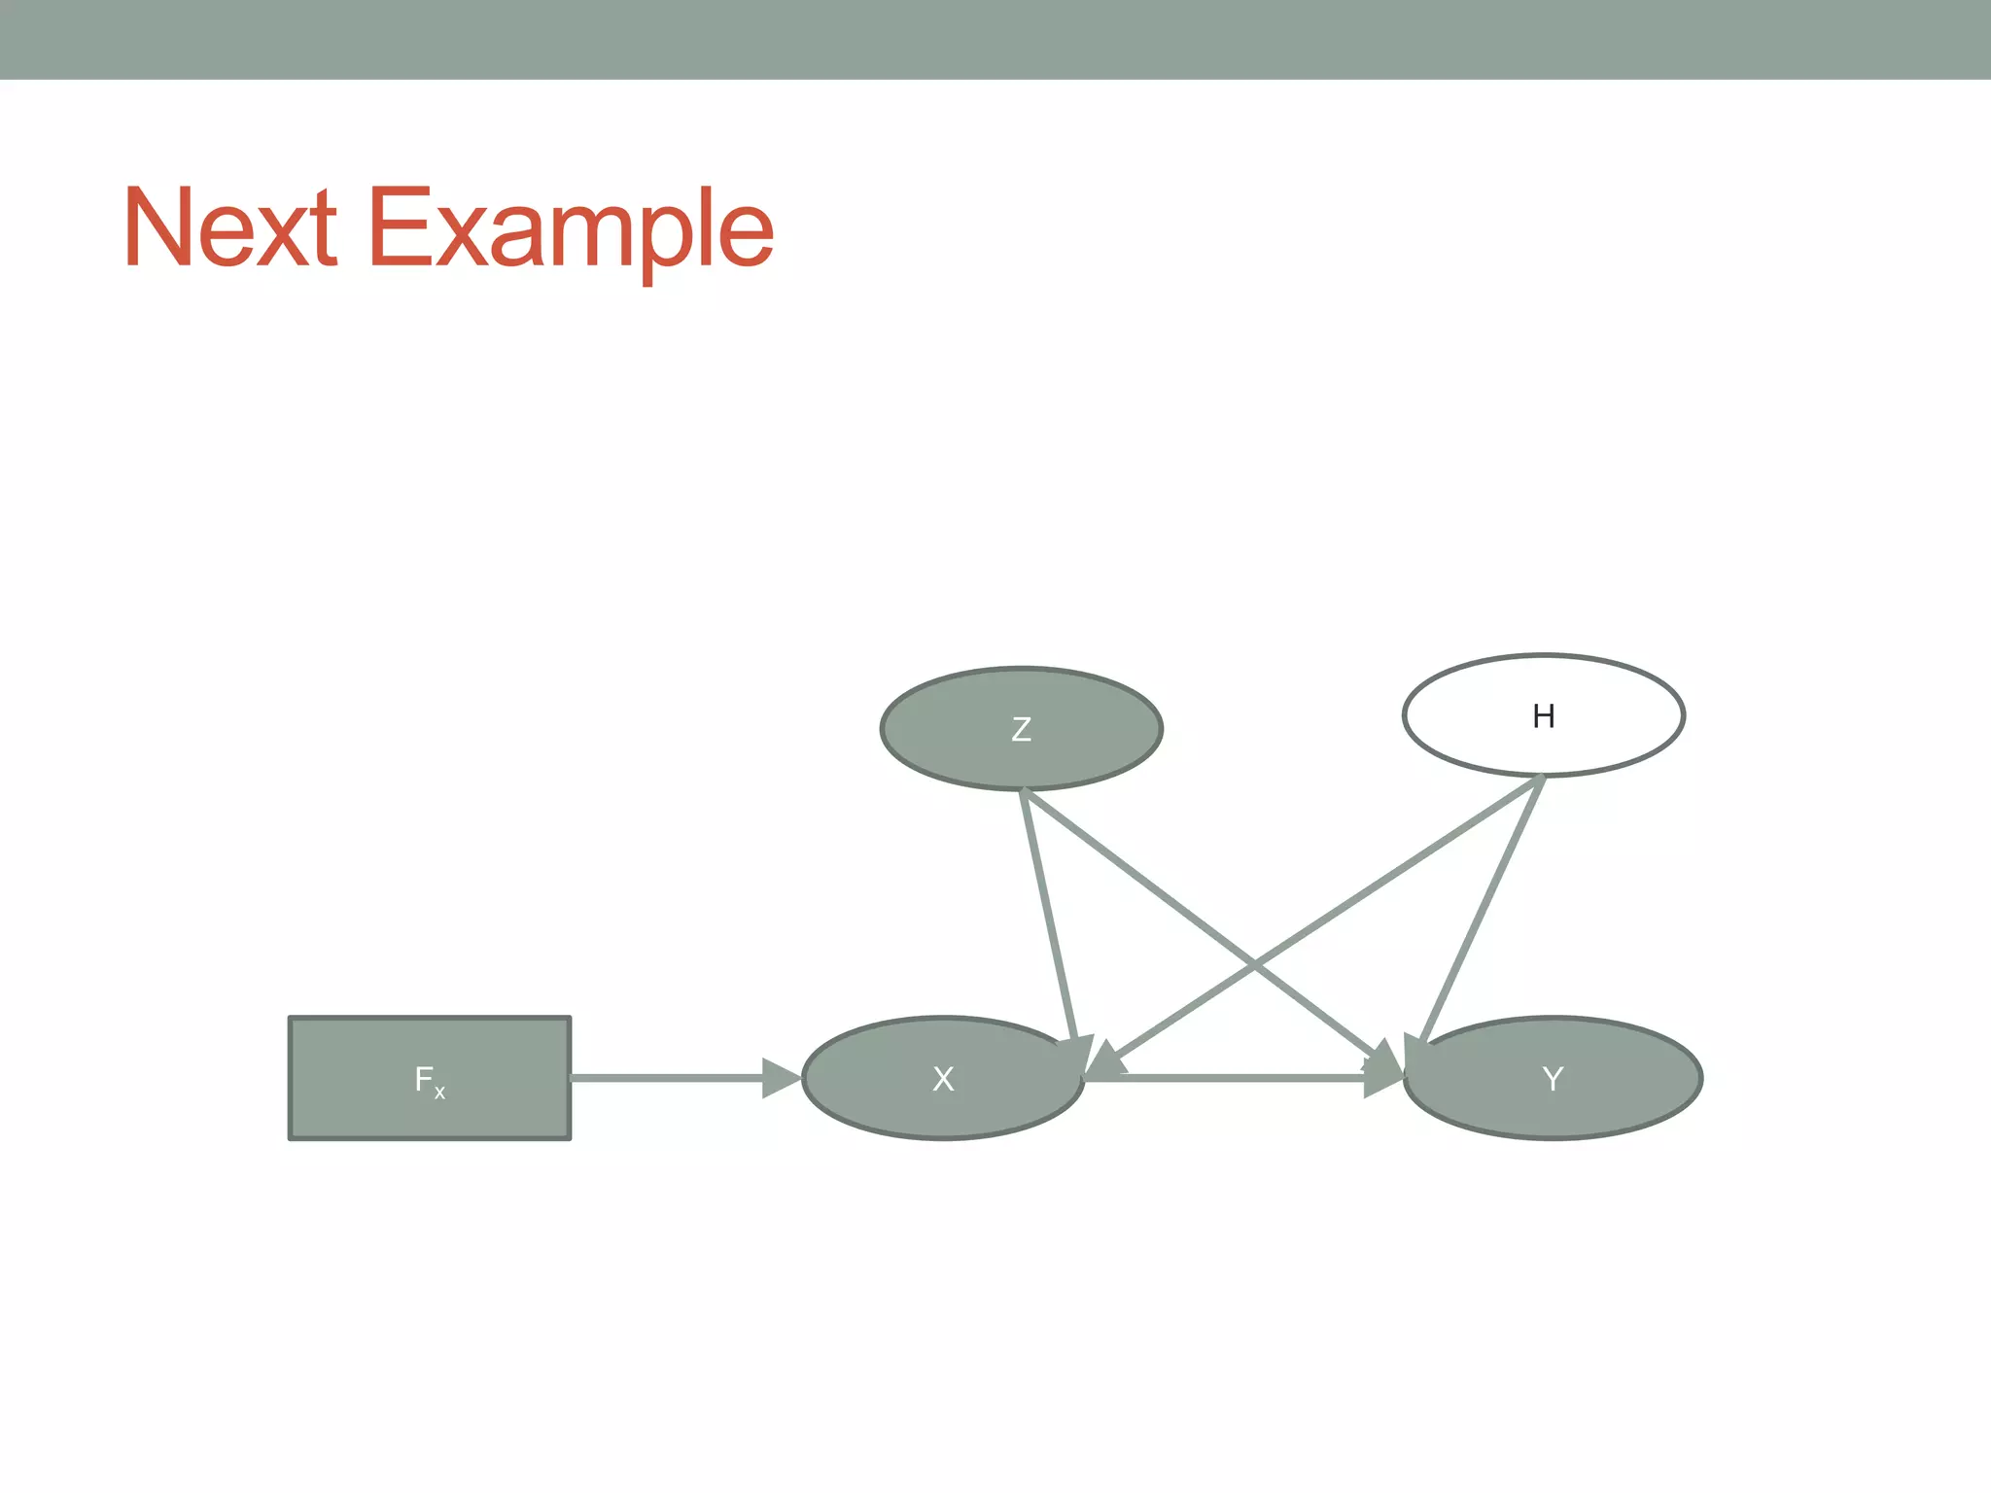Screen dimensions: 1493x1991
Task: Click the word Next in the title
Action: tap(230, 227)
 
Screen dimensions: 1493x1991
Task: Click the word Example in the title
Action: tap(571, 231)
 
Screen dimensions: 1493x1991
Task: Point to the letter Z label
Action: tap(1021, 729)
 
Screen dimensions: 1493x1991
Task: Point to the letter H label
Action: tap(1543, 716)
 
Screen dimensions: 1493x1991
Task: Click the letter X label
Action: tap(943, 1079)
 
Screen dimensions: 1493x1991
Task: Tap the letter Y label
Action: tap(1553, 1079)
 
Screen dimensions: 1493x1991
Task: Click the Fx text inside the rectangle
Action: tap(429, 1080)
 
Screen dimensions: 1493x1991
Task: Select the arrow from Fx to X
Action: tap(671, 1078)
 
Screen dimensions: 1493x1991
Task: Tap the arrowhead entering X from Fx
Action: tap(782, 1078)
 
